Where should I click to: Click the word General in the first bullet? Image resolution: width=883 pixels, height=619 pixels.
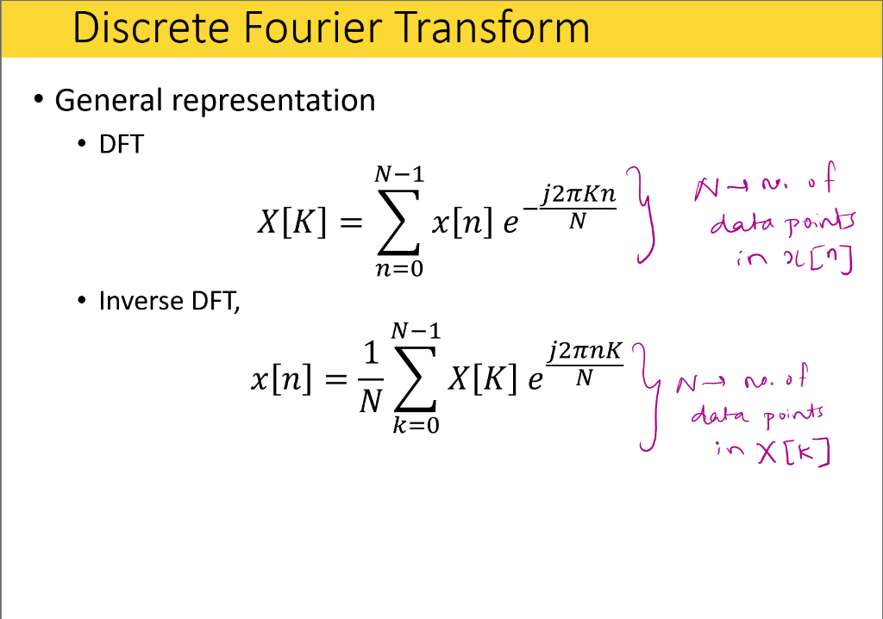108,100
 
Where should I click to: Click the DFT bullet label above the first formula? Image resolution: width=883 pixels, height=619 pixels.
121,144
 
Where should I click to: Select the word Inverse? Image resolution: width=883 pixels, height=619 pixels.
141,301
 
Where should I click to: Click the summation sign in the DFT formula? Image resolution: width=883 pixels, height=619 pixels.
398,222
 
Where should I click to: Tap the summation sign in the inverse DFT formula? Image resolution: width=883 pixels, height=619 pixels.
416,378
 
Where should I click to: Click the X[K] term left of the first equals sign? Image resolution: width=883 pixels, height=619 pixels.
291,222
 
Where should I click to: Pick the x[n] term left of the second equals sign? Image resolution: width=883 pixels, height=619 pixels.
281,378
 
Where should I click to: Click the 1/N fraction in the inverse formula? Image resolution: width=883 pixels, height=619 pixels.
371,378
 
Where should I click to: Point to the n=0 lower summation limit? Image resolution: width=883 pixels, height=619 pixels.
399,269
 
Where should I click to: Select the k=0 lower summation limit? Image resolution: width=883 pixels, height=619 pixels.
416,425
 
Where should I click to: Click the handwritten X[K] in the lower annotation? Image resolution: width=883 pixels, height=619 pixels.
794,453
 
